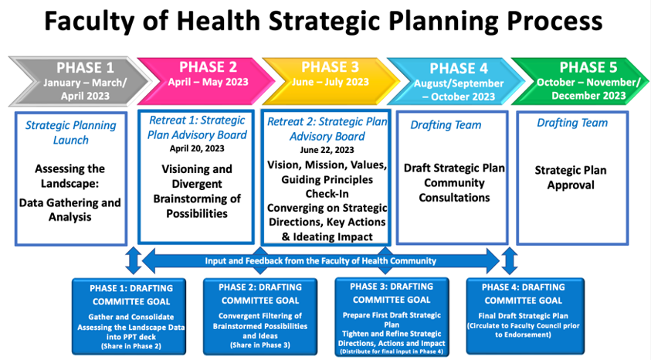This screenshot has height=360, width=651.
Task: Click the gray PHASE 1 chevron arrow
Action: pos(79,81)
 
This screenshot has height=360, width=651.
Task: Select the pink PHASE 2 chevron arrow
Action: pos(205,81)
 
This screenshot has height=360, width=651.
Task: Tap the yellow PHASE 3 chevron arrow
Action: pos(330,81)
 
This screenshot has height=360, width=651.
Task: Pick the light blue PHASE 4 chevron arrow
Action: pos(455,81)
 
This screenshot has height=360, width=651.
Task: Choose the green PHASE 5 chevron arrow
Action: pos(581,81)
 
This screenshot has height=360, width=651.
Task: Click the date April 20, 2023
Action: pos(197,148)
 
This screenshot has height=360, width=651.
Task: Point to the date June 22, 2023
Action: pos(327,149)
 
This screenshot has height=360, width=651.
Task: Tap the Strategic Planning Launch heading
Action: pos(71,132)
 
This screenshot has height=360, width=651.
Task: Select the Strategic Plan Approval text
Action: pos(571,178)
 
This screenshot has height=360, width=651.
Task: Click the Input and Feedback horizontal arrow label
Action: pos(320,261)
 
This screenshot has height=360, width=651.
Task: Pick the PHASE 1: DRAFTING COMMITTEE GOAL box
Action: pos(129,317)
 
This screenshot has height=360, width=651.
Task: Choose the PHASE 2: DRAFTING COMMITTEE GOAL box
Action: pos(260,317)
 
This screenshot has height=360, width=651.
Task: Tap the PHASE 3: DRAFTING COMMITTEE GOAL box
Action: pos(392,318)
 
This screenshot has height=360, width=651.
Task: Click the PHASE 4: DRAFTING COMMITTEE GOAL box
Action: pos(525,317)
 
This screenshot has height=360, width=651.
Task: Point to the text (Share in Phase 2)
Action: pos(131,346)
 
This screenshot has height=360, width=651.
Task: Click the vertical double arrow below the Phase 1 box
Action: pos(134,261)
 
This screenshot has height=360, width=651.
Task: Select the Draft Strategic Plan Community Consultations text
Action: pos(454,182)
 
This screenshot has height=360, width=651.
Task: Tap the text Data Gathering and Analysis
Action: pos(70,209)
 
